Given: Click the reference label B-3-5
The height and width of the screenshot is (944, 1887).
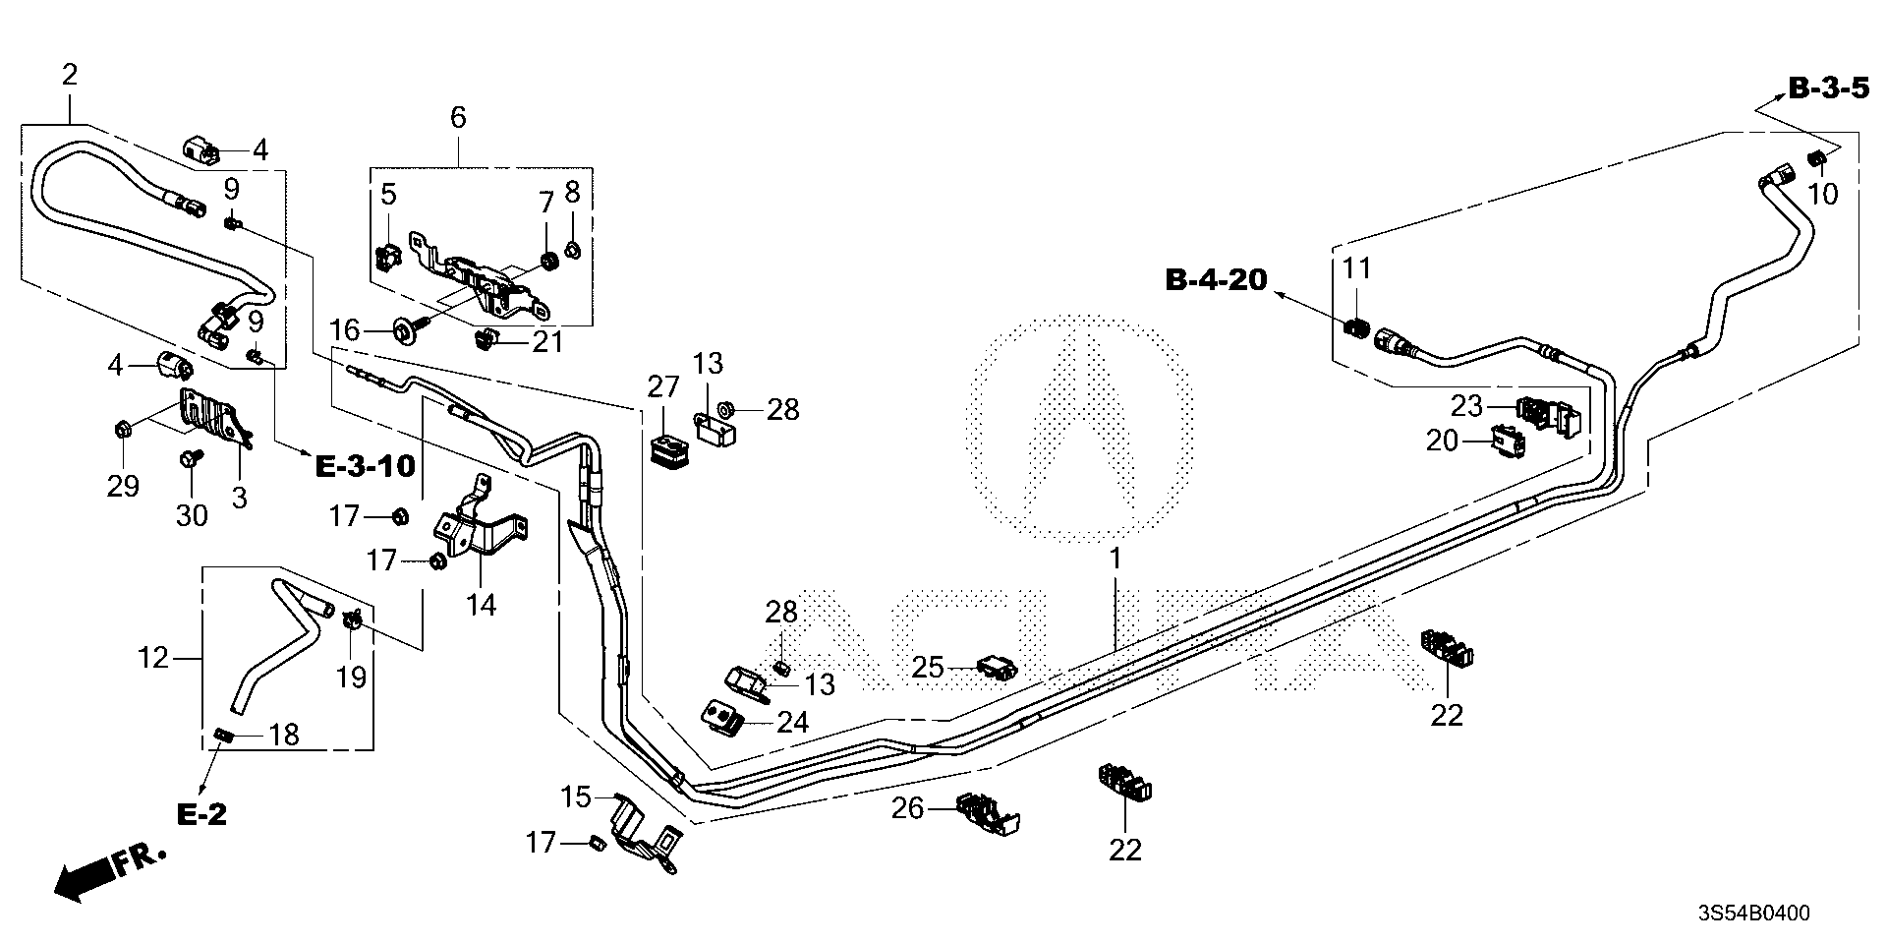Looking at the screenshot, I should [1827, 89].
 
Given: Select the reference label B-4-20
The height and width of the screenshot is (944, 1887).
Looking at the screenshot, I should [1216, 280].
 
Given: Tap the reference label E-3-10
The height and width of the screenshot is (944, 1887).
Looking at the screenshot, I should [366, 465].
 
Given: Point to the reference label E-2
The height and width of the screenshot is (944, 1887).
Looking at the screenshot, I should [201, 814].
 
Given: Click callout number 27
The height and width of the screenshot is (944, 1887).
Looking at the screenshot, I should [663, 387].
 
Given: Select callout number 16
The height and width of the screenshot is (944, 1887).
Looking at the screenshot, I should [345, 328].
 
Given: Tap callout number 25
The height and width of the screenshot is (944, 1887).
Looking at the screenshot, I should [927, 669].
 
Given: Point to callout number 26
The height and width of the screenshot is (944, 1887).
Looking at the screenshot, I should [907, 808].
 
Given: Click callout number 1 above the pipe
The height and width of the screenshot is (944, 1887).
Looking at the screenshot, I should [1115, 559].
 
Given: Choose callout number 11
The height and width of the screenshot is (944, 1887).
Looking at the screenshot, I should [1356, 267].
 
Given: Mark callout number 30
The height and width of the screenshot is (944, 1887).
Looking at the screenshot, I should [192, 514].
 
